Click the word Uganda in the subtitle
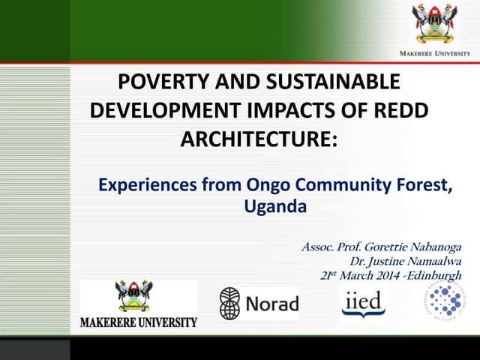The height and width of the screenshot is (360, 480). (x=275, y=206)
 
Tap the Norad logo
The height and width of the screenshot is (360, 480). (x=258, y=303)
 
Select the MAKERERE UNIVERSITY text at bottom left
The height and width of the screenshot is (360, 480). (x=139, y=323)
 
